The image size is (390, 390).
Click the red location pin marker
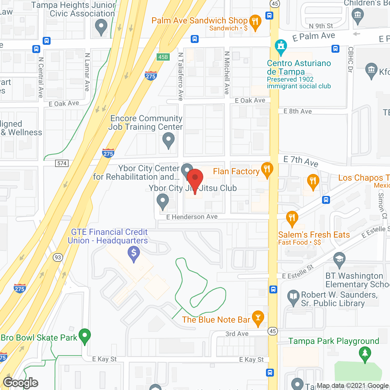click(x=195, y=179)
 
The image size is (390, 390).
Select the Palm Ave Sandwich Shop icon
click(x=255, y=22)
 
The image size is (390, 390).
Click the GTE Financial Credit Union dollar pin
click(x=134, y=253)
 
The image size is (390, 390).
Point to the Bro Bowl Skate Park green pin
click(x=85, y=336)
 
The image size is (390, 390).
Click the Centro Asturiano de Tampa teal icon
click(x=281, y=47)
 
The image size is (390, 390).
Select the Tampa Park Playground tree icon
click(x=365, y=354)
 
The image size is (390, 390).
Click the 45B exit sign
click(x=163, y=57)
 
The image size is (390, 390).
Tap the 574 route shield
click(x=62, y=163)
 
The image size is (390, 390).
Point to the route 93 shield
click(x=58, y=257)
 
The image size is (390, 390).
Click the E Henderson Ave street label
click(x=192, y=217)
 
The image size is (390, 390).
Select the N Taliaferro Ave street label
click(x=181, y=76)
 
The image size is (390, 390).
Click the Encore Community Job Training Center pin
click(x=168, y=140)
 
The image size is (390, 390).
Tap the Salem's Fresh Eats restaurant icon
click(x=292, y=218)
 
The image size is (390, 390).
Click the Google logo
click(x=20, y=383)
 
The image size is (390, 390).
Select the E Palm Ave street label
click(x=314, y=37)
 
